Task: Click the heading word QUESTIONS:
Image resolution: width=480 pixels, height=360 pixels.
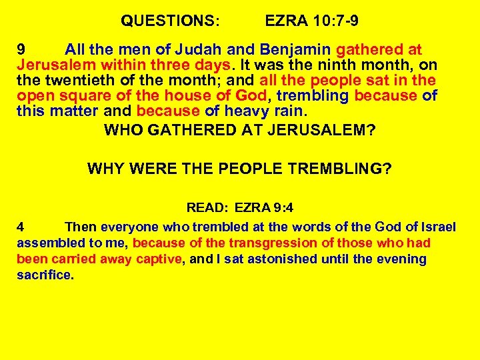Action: pos(169,21)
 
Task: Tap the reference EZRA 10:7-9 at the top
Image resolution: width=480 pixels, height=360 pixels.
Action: pos(311,21)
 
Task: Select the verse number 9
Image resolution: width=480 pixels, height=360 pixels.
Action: pos(21,50)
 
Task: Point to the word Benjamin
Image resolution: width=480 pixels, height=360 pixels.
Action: pos(291,50)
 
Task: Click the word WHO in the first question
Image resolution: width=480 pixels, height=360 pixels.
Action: pos(121,129)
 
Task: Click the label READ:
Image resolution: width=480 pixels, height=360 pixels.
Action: pos(207,207)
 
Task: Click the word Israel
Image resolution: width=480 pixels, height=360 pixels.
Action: pos(437,227)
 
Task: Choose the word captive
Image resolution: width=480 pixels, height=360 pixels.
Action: pos(156,259)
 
